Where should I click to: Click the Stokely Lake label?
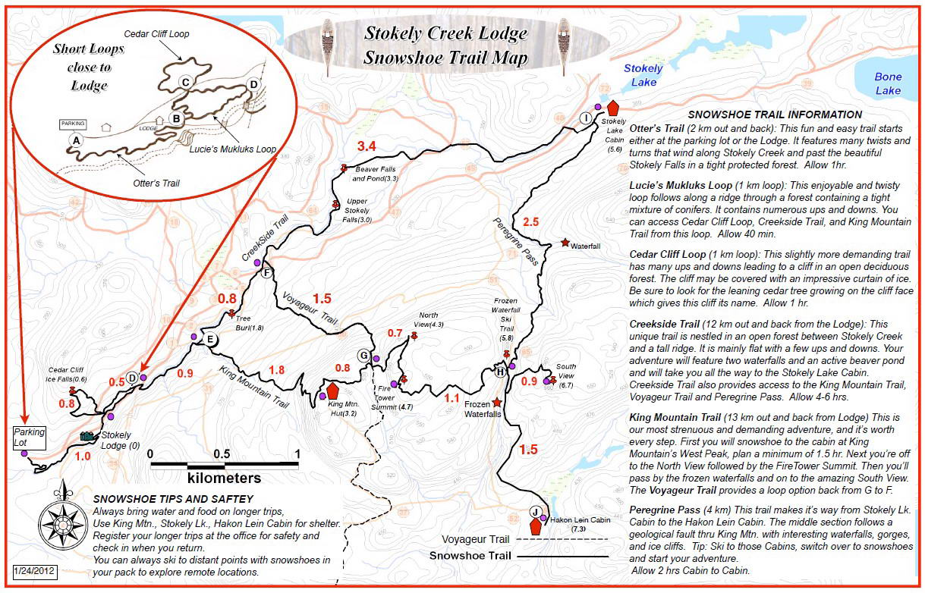tap(643, 74)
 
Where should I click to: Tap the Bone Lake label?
tap(888, 83)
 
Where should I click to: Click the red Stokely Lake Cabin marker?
tap(613, 108)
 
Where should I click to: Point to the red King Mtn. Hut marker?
tap(332, 391)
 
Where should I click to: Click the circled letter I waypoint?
tap(586, 118)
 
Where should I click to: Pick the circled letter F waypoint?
tap(266, 274)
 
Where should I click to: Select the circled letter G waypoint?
tap(364, 355)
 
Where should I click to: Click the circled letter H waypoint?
tap(500, 372)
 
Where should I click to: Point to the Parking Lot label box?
tap(29, 437)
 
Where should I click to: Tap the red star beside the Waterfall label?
tap(565, 243)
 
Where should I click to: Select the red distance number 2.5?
tap(531, 221)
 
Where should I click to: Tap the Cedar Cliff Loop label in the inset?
tap(159, 34)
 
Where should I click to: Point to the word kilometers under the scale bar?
tap(224, 478)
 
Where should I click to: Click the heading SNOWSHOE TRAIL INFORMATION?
tap(775, 115)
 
